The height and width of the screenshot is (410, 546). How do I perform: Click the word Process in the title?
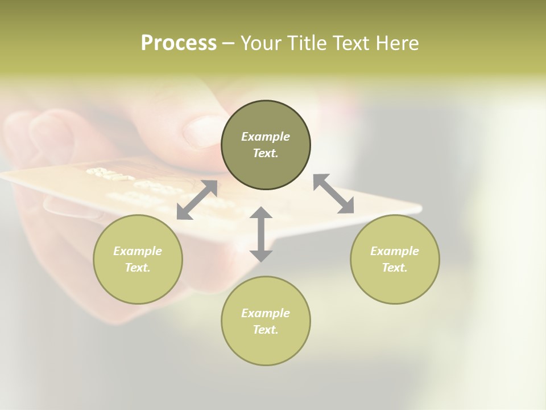pos(179,43)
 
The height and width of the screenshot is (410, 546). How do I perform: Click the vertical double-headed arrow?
pos(261,234)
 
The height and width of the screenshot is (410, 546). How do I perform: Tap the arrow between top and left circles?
pos(197,200)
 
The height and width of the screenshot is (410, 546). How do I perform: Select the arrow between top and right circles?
pos(333,194)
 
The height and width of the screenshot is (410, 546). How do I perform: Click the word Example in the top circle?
pos(266,137)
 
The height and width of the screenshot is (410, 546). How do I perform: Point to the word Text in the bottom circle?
pos(266,330)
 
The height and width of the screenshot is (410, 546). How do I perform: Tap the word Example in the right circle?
pos(395,251)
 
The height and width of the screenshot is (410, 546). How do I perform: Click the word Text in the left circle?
pos(138,268)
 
